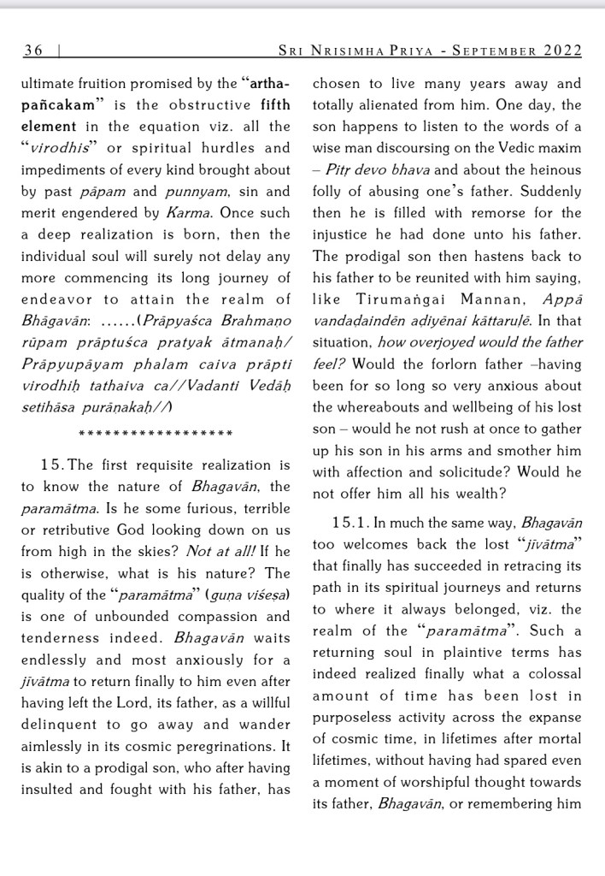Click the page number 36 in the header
[x=33, y=50]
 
